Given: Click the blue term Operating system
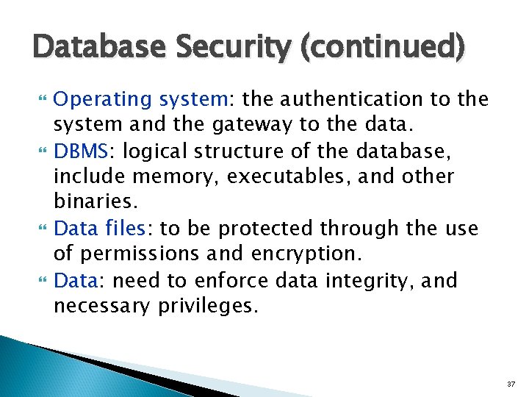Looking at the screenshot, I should click(x=143, y=99).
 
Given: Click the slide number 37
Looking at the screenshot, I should click(x=511, y=385).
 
